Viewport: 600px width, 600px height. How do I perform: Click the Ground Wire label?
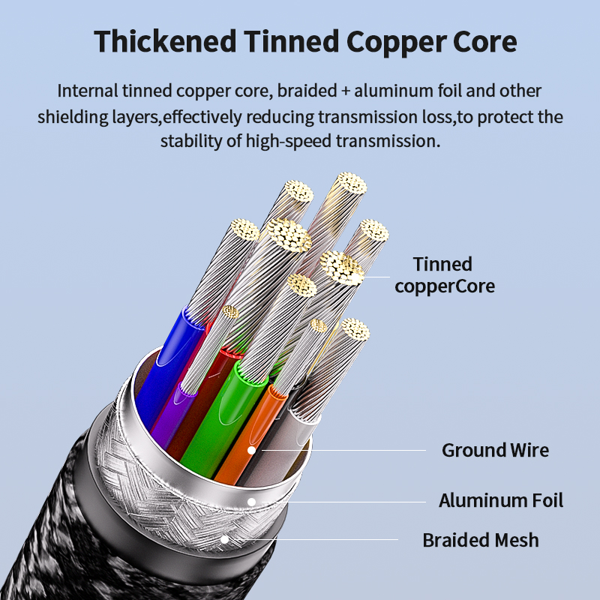(495, 450)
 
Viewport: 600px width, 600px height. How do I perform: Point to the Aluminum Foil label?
(500, 500)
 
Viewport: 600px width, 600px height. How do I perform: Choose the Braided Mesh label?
(481, 540)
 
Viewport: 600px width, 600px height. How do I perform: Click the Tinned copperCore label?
(444, 274)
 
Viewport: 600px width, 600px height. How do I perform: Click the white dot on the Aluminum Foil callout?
(252, 500)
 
